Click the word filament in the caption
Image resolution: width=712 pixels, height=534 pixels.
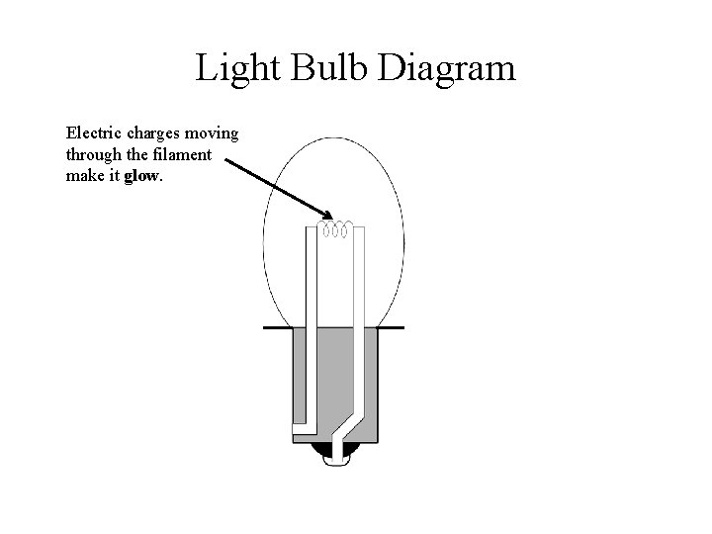(x=184, y=155)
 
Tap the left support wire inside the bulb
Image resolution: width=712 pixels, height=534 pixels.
(x=310, y=316)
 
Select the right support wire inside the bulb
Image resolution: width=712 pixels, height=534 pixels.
(x=362, y=316)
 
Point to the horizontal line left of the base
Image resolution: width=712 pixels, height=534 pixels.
(x=276, y=326)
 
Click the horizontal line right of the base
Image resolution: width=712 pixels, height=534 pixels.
(x=393, y=326)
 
